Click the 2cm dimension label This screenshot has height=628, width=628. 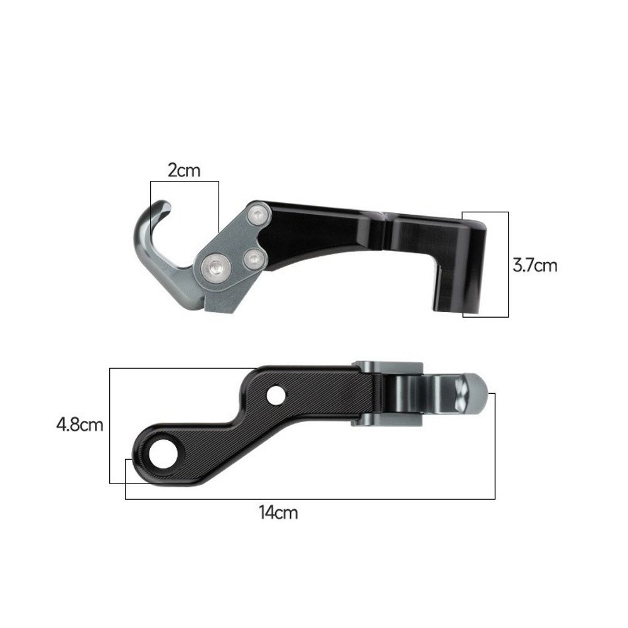184,170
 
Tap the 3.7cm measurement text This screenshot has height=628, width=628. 534,265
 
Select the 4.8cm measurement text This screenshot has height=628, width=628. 79,425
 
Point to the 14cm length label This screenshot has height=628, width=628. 278,512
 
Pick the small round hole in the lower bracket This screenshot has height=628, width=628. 275,396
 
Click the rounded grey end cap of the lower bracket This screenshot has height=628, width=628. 477,392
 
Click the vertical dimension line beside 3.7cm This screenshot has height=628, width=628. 508,264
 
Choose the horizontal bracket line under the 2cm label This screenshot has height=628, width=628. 184,181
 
